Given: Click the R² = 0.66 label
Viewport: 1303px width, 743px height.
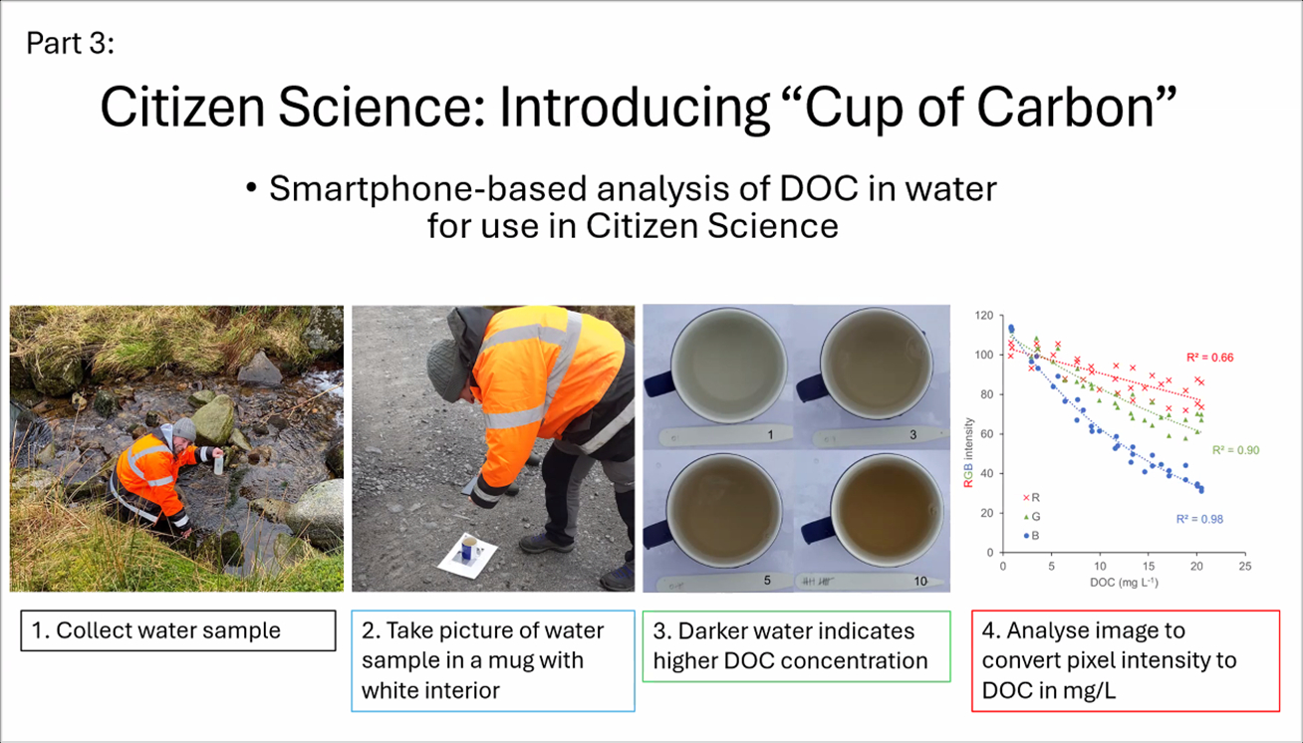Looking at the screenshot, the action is [x=1210, y=358].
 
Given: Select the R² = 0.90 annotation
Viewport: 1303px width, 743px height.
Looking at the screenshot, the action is [x=1235, y=450].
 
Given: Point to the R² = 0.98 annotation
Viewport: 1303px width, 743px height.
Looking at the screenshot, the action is [x=1199, y=519].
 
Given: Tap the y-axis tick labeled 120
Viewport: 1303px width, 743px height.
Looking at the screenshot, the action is [x=984, y=315].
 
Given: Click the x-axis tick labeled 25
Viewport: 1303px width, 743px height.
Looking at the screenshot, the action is [x=1245, y=567].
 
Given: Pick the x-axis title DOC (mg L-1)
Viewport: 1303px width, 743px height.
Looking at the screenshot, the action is [x=1124, y=582].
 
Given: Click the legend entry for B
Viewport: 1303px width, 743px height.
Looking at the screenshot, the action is [x=1031, y=536].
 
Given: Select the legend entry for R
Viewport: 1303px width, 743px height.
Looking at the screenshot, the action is [x=1031, y=498].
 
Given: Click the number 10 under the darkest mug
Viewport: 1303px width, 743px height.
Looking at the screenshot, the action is [x=920, y=581].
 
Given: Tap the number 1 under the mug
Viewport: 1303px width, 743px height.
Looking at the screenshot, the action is [x=770, y=435].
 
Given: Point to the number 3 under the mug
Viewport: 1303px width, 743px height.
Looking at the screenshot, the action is [x=912, y=434].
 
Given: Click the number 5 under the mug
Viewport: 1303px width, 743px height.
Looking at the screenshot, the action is [x=767, y=581].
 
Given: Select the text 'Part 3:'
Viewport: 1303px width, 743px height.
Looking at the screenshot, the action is [x=71, y=43].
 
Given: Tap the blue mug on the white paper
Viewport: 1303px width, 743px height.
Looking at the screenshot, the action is [x=469, y=549].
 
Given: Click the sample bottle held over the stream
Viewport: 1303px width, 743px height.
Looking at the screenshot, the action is [x=219, y=464].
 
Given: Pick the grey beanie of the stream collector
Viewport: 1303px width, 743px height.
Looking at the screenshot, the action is [x=184, y=429].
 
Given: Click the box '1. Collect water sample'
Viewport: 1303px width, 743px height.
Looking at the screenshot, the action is [x=178, y=630].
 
